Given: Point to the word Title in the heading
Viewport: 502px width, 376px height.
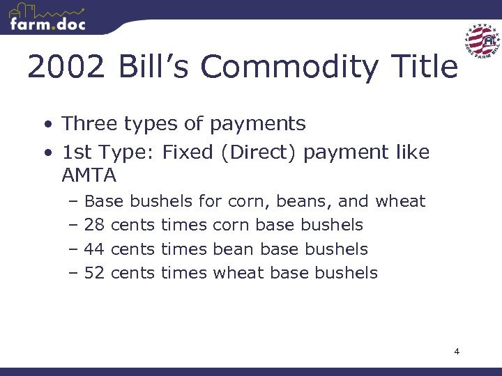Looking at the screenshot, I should (425, 68).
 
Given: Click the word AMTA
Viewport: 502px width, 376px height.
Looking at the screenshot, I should (90, 173).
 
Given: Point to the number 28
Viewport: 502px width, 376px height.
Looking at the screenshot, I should (94, 225).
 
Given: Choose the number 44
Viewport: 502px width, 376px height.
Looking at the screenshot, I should (94, 249).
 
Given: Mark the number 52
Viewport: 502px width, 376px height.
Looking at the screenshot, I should (94, 272).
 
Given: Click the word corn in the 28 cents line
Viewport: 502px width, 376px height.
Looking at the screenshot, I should (231, 225).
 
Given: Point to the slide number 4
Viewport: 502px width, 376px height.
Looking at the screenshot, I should (457, 352).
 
